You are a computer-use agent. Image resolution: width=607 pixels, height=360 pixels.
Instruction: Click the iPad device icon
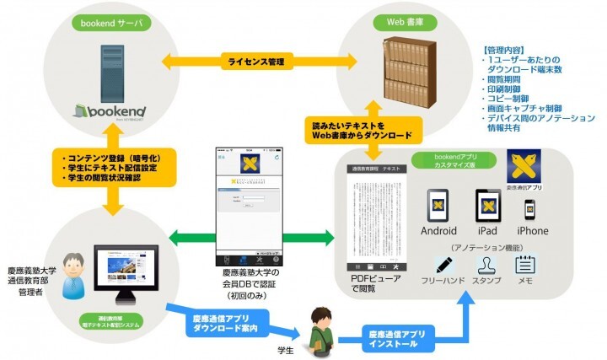coord(489,205)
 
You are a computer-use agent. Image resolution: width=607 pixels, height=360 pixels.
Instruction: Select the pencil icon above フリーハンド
coord(443,265)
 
